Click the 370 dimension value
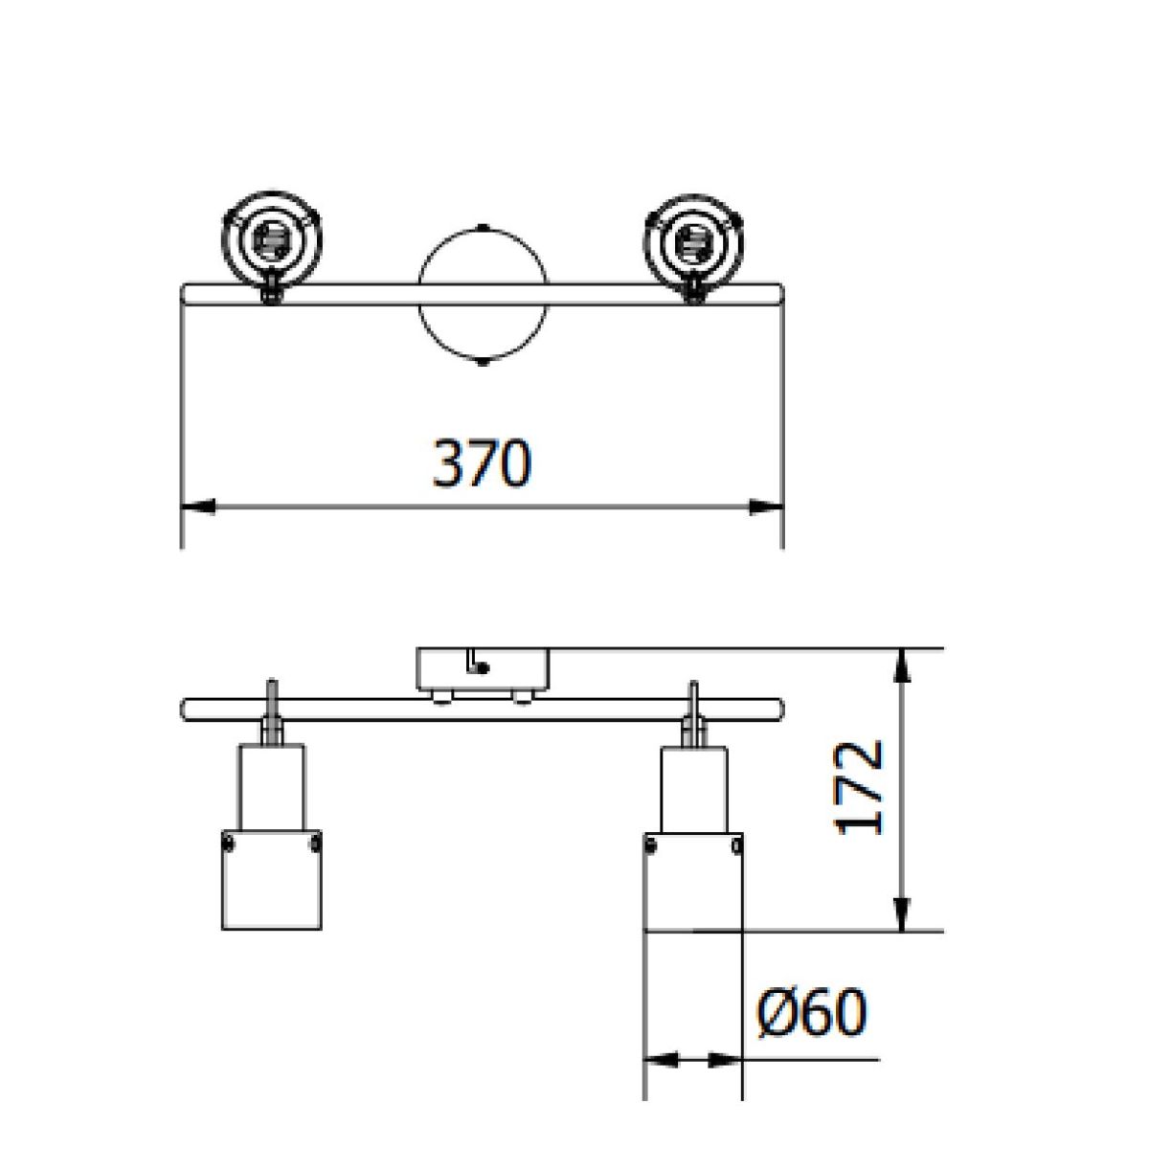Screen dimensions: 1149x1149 (x=481, y=464)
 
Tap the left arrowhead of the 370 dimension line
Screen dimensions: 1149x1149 (x=197, y=507)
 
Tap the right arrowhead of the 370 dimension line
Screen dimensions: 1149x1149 (x=766, y=507)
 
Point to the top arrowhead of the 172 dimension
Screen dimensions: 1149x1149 (x=903, y=665)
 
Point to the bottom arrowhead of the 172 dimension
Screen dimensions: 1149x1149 (x=903, y=912)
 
